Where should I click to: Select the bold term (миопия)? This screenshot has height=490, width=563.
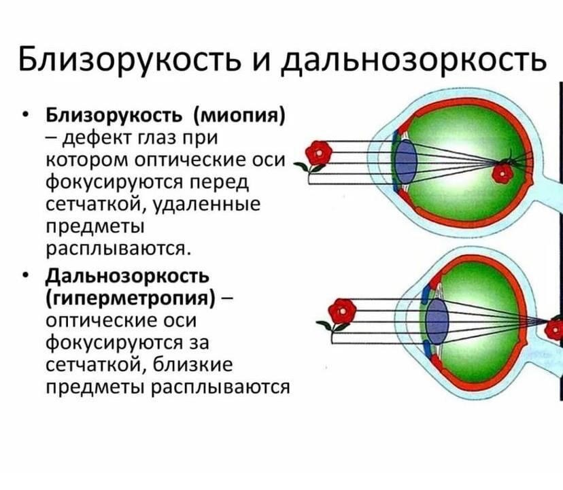239,116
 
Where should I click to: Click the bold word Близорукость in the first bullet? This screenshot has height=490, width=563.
114,116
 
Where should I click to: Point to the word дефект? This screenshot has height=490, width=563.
95,138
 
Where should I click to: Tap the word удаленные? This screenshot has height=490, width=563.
207,205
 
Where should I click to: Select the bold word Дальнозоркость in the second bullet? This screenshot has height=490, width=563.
127,276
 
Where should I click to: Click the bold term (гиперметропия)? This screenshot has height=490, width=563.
131,298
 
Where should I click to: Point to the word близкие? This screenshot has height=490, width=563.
193,366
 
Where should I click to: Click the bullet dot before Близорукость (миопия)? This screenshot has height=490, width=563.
24,114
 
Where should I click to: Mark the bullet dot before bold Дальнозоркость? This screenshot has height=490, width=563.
24,275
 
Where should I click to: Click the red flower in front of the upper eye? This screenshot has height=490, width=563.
318,154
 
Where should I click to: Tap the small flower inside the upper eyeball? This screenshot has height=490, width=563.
502,174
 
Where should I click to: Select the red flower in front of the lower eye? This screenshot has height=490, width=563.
342,312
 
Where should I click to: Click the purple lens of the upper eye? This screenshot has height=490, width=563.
406,162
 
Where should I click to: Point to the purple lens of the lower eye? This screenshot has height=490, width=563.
437,322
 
